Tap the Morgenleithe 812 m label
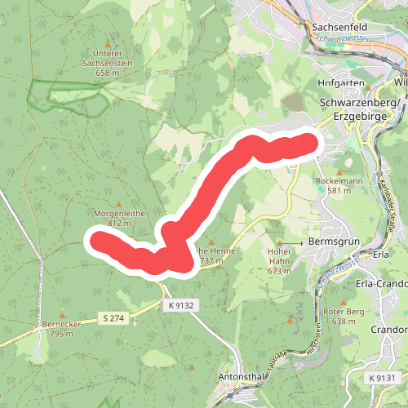(x=119, y=218)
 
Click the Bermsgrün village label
(x=334, y=242)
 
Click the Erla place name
(x=380, y=254)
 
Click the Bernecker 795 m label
(x=61, y=329)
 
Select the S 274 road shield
(x=113, y=317)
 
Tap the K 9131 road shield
(x=381, y=378)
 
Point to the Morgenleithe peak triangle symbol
(x=119, y=203)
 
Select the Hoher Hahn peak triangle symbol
(x=279, y=243)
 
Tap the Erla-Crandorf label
(x=383, y=283)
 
